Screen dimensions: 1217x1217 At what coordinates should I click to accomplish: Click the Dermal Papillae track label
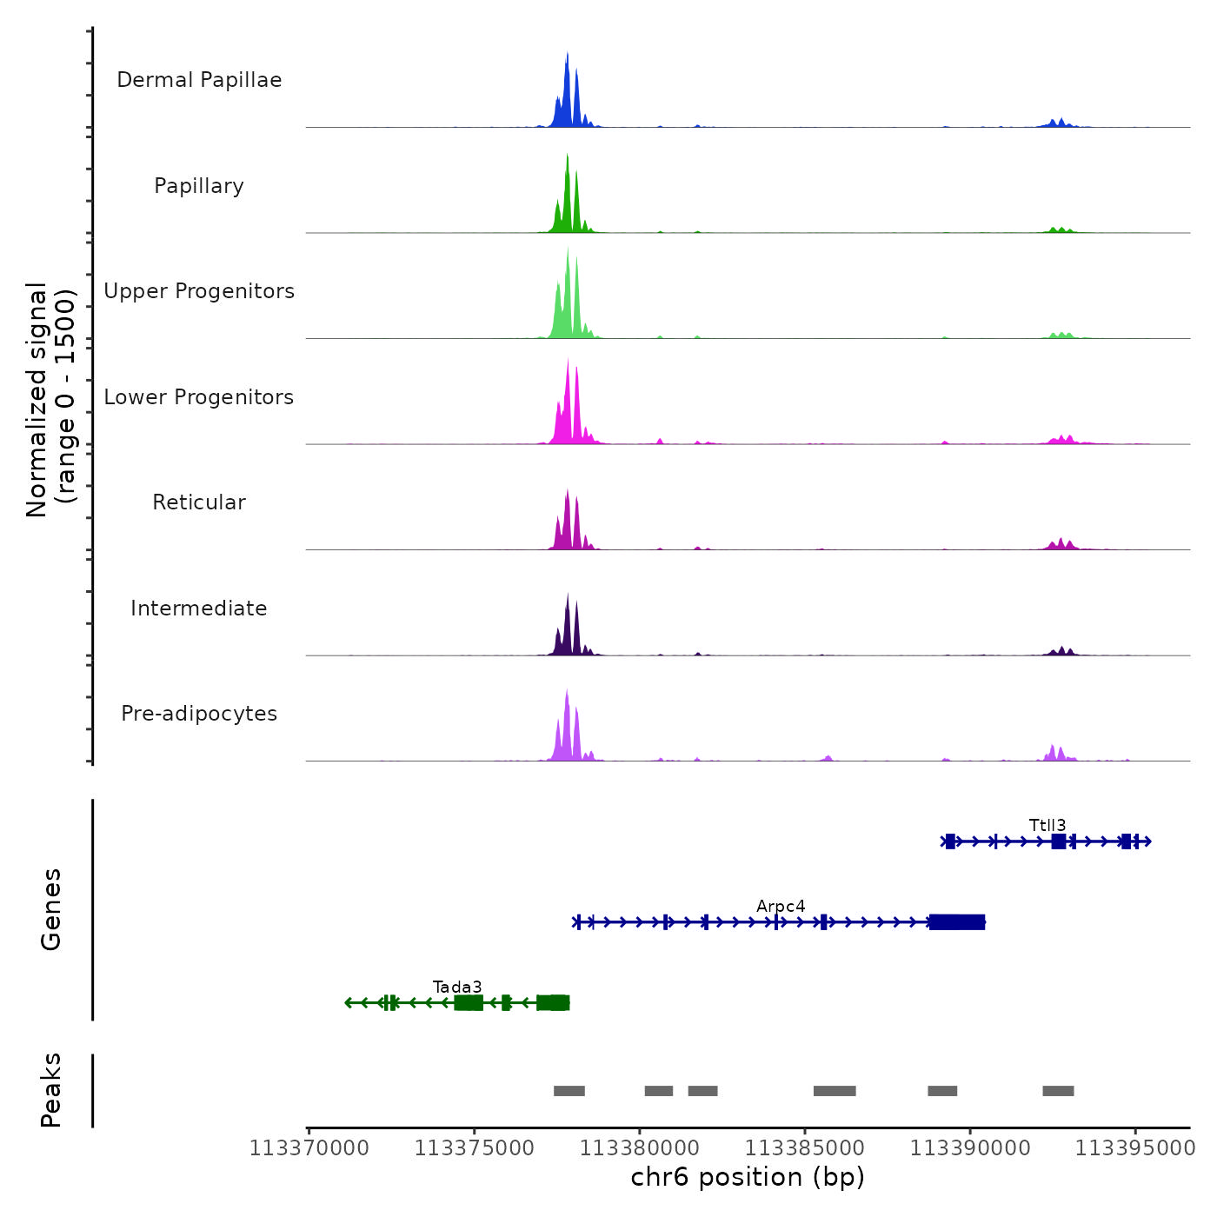[x=199, y=80]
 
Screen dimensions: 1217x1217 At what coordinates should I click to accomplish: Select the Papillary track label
[x=199, y=186]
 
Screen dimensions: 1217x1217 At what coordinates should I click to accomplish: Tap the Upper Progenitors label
[x=199, y=291]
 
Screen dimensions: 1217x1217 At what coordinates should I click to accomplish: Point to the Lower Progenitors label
[x=199, y=397]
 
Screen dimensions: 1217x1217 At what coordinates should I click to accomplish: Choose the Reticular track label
[x=199, y=502]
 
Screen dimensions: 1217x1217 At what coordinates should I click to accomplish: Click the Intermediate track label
[x=199, y=608]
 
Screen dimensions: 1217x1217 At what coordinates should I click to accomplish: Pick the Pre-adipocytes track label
[x=199, y=714]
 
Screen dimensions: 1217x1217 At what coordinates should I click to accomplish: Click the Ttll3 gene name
[x=1047, y=825]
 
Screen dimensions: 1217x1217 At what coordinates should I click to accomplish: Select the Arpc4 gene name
[x=781, y=907]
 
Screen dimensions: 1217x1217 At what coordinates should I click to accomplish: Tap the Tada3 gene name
[x=457, y=987]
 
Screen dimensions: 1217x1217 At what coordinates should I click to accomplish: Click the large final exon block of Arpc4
[x=957, y=922]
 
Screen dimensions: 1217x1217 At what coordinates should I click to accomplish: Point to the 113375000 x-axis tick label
[x=475, y=1148]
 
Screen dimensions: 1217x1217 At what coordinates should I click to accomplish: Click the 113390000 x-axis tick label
[x=970, y=1148]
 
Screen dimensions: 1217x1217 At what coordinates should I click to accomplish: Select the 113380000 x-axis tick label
[x=640, y=1148]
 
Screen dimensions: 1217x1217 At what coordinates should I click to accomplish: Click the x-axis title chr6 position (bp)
[x=748, y=1177]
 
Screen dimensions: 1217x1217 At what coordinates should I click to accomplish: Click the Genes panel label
[x=51, y=909]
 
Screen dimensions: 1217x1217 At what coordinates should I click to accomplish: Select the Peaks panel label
[x=51, y=1090]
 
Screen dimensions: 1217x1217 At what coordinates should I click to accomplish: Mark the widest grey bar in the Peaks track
[x=835, y=1091]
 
